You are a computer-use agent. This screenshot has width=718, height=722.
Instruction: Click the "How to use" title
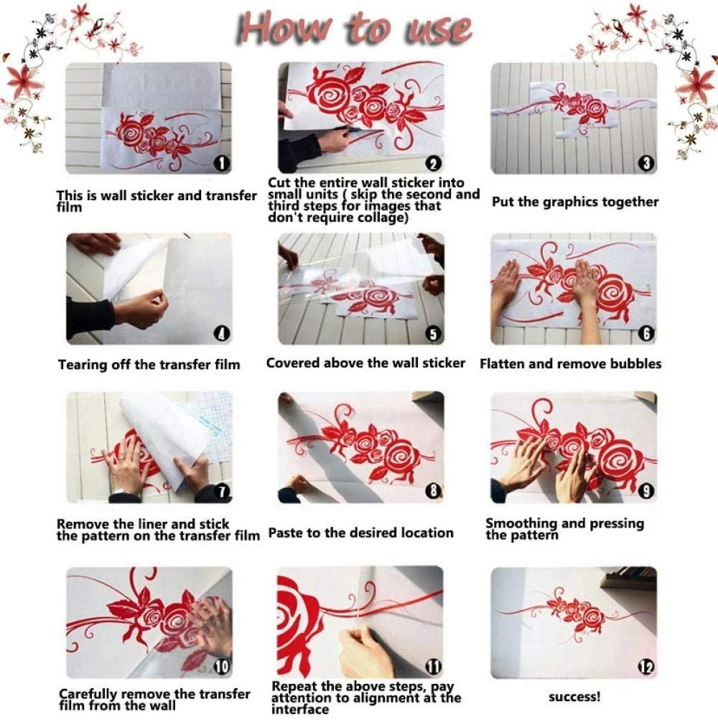point(354,29)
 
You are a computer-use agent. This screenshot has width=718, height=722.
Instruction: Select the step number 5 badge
point(434,334)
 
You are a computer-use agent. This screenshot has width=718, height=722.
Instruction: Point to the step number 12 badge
point(646,667)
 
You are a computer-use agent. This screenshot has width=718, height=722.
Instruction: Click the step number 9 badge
point(646,492)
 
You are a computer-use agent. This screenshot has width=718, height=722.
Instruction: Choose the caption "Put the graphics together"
point(575,202)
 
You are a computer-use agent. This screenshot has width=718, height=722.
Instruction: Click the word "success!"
point(574,697)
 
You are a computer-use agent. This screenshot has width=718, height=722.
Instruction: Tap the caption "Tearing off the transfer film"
point(149,364)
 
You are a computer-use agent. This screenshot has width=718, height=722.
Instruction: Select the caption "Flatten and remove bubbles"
point(570,364)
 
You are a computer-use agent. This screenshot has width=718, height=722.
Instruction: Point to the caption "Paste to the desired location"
point(360,533)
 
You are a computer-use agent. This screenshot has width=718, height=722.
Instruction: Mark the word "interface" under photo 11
point(300,709)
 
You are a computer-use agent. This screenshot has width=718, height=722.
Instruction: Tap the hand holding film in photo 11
point(364,652)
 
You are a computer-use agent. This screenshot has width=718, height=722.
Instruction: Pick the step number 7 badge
point(222,492)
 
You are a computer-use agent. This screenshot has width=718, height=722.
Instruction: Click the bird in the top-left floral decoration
point(97,27)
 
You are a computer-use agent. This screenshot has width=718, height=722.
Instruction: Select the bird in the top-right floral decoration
point(620,27)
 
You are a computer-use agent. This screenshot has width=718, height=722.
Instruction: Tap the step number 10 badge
point(222,667)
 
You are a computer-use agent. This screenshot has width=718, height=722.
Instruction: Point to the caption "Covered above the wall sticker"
point(365,363)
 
